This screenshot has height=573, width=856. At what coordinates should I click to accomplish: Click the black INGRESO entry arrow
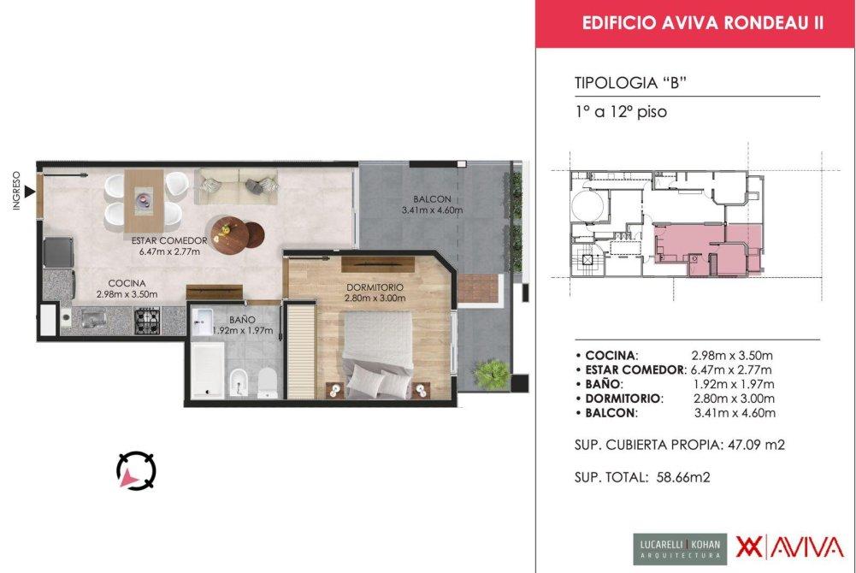click(x=29, y=192)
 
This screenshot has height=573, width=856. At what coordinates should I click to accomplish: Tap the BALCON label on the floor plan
click(x=432, y=200)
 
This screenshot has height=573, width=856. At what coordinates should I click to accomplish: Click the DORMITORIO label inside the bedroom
click(x=375, y=287)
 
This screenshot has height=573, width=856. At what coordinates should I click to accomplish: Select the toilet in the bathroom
click(x=268, y=382)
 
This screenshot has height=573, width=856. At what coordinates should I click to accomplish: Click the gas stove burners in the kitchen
click(x=147, y=321)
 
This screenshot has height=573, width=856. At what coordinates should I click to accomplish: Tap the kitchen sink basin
click(x=96, y=319)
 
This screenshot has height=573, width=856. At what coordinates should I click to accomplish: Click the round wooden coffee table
click(x=229, y=236)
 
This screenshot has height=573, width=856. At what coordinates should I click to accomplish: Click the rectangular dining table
click(x=144, y=201)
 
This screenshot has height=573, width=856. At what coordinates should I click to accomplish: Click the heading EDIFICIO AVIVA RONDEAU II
click(x=703, y=23)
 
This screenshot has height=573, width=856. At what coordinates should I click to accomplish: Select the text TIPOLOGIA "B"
click(x=630, y=84)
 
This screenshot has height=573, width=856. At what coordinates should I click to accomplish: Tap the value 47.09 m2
click(x=756, y=445)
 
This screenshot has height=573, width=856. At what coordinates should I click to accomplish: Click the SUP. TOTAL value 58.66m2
click(x=683, y=477)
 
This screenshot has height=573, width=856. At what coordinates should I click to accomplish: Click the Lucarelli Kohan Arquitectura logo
click(x=680, y=548)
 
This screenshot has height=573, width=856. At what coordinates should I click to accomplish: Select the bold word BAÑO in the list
click(x=602, y=384)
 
